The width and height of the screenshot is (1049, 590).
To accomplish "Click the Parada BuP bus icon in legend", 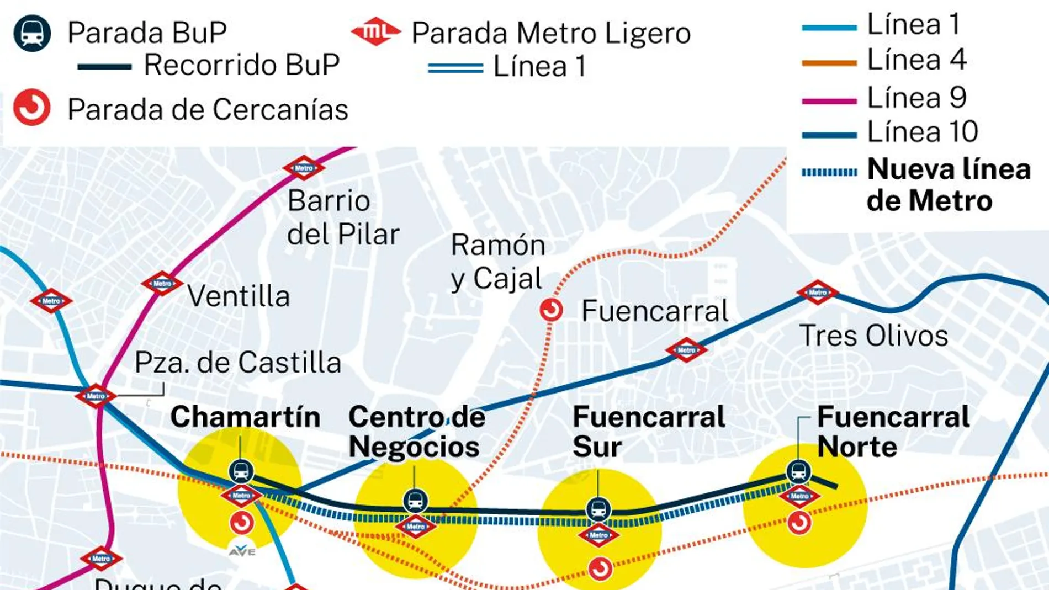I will [32, 33].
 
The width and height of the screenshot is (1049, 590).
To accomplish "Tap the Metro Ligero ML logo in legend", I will [375, 32].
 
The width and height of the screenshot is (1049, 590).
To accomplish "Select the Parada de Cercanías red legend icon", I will [32, 108].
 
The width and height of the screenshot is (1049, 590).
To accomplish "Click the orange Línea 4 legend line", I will [829, 63].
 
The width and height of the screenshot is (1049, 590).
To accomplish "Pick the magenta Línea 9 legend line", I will [829, 101].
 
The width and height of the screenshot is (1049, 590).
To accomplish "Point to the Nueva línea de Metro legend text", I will [948, 184].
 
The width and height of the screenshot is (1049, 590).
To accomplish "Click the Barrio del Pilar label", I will [342, 217].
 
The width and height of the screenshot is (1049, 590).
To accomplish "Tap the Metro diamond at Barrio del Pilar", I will [304, 168].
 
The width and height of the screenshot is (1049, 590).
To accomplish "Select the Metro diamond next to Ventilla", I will [162, 283].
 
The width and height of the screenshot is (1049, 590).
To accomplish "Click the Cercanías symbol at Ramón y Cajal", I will [551, 310].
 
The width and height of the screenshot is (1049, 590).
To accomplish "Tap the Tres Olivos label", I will [873, 336].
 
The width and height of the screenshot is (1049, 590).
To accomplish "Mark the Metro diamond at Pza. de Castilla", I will [96, 396].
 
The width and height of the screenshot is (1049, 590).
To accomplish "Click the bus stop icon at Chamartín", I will [241, 471].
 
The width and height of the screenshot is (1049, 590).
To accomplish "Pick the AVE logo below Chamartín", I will [242, 551].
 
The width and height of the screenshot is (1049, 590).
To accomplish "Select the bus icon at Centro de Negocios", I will [415, 501].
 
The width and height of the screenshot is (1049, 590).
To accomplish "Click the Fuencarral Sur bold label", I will [648, 431].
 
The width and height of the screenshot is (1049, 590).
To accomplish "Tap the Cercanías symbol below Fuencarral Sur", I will [600, 568].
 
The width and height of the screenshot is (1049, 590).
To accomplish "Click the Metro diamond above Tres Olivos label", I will [818, 292].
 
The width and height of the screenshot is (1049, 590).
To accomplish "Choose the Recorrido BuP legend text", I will [241, 65].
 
